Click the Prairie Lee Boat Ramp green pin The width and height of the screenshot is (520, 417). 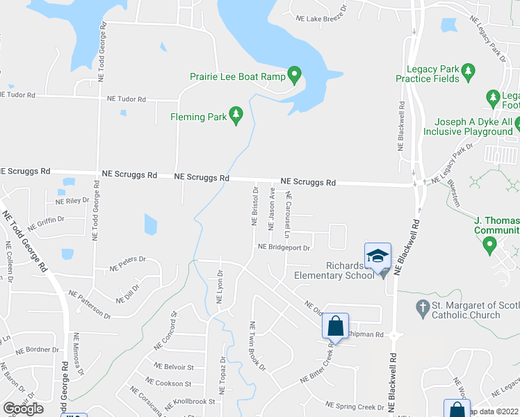point(294,73)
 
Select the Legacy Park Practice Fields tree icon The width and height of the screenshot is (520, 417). point(468,70)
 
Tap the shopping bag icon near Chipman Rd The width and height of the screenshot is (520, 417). point(335,325)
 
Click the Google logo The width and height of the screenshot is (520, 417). point(23,409)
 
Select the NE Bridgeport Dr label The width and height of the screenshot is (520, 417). point(283,247)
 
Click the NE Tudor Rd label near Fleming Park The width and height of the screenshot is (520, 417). point(127,99)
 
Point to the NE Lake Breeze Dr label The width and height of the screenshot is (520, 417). point(320,19)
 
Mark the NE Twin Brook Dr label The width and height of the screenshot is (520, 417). point(258,346)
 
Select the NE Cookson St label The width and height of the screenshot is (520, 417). point(169,383)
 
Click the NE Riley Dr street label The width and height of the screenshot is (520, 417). point(72,201)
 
